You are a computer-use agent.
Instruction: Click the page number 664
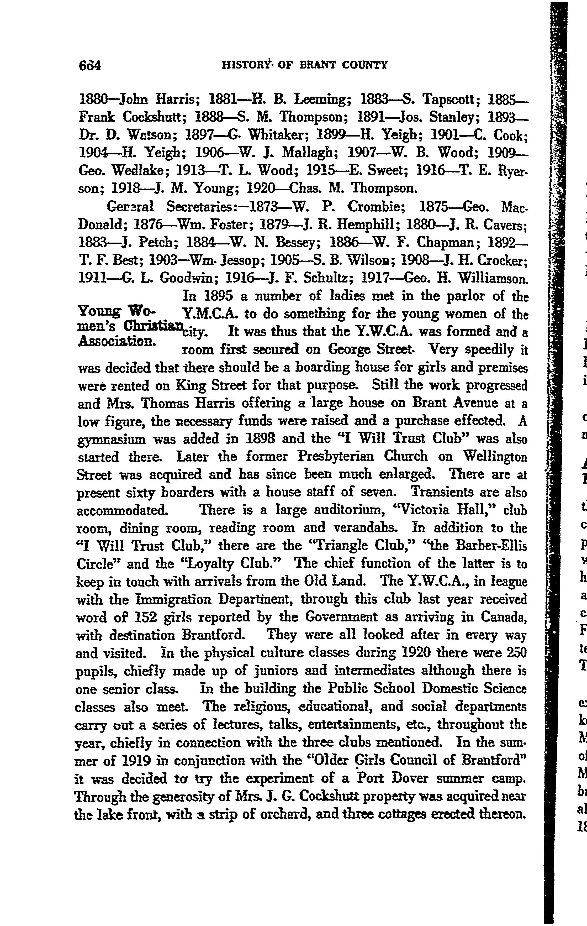click(89, 65)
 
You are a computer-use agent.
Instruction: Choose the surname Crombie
click(377, 207)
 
